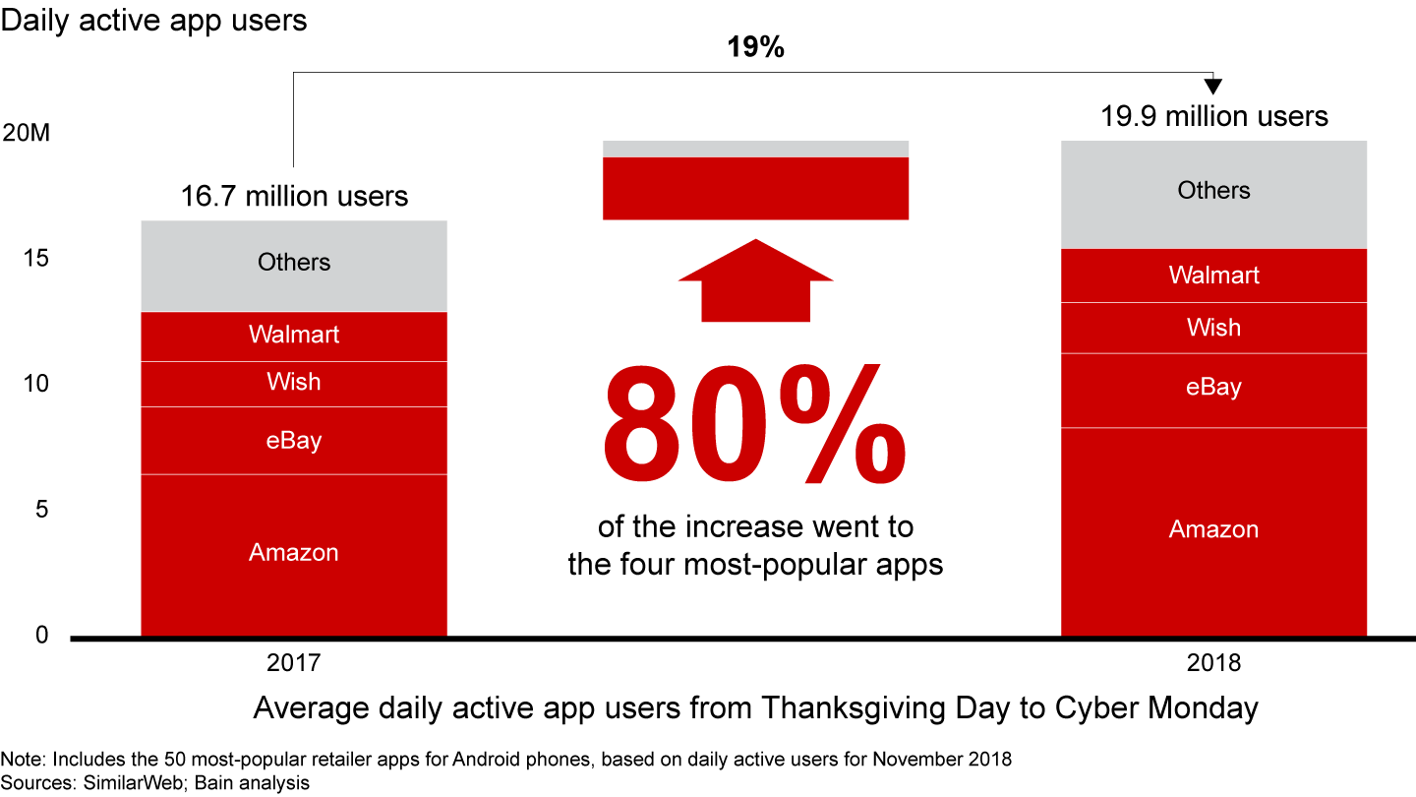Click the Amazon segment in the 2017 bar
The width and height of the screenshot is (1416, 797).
pyautogui.click(x=294, y=554)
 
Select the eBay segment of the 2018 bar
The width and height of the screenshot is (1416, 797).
pyautogui.click(x=1213, y=389)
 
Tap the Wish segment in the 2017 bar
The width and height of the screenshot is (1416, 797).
pyautogui.click(x=294, y=383)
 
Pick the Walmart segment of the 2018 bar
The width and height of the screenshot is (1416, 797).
pyautogui.click(x=1213, y=276)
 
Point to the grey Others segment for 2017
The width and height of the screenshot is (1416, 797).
pyautogui.click(x=294, y=264)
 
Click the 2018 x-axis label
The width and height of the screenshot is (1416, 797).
pyautogui.click(x=1213, y=663)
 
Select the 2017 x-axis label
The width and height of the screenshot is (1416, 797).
pyautogui.click(x=294, y=663)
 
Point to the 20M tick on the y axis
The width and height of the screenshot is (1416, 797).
pyautogui.click(x=27, y=133)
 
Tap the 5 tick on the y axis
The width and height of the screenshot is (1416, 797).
pyautogui.click(x=41, y=510)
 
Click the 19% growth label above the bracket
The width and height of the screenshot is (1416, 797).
pyautogui.click(x=754, y=47)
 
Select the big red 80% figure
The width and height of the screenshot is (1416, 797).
pyautogui.click(x=754, y=433)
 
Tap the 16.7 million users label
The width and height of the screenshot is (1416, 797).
pyautogui.click(x=294, y=196)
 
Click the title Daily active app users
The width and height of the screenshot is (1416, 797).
pyautogui.click(x=153, y=20)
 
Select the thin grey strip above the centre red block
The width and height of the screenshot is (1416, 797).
pyautogui.click(x=755, y=149)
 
